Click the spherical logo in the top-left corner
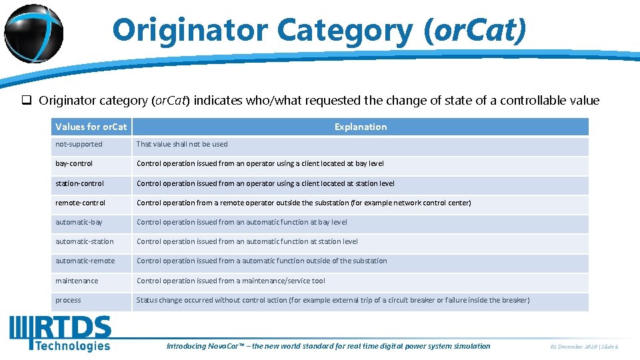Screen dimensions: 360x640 (33, 33)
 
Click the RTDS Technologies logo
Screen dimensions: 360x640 (60, 333)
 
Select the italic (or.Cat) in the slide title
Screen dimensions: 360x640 (475, 29)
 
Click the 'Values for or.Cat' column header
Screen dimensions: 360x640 (91, 127)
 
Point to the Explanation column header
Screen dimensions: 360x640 (360, 127)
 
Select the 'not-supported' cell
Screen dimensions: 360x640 (79, 144)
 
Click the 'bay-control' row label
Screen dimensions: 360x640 (74, 163)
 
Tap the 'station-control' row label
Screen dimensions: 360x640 (79, 183)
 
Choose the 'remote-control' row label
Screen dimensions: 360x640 (80, 203)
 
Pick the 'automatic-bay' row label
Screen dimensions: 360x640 (79, 222)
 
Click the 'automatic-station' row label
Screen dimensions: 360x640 (84, 241)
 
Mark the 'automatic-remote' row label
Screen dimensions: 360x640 (85, 261)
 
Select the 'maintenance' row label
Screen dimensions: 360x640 (77, 281)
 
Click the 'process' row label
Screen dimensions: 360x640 (68, 300)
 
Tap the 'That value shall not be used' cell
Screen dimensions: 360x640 (182, 144)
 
